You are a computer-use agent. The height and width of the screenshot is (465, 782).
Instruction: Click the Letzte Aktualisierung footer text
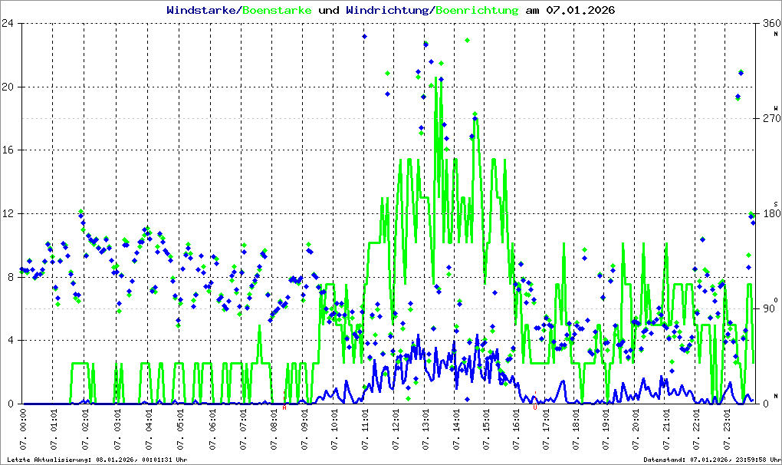point(96,460)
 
